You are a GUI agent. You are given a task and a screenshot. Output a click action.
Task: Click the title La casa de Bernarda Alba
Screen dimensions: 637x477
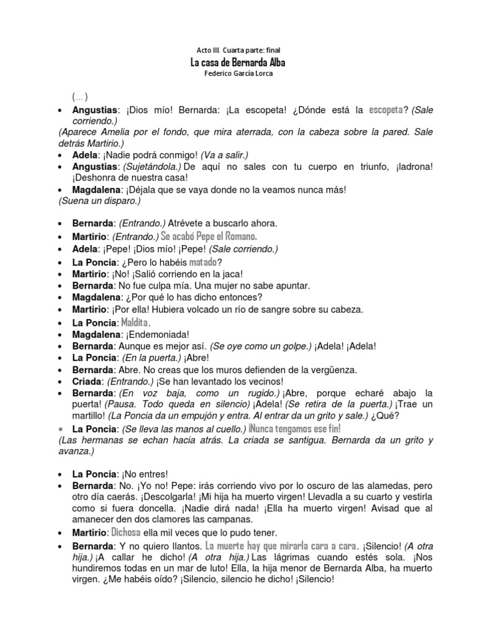click(x=238, y=63)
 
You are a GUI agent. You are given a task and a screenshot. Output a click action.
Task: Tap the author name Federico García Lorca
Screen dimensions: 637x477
click(x=238, y=74)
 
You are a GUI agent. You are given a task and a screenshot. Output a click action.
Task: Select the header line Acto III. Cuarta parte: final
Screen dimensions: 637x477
click(x=238, y=50)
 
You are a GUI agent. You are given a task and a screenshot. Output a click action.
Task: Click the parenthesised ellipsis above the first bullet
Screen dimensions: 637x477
click(x=79, y=97)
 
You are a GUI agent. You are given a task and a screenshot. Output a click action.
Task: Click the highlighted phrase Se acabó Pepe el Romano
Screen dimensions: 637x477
click(x=209, y=236)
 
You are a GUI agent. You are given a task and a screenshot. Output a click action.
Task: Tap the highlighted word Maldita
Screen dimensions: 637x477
click(x=135, y=322)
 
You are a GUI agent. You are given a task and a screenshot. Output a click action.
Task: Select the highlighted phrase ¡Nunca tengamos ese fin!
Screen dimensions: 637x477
click(x=294, y=429)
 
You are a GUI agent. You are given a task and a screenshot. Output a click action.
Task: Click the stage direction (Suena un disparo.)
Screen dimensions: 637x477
click(x=99, y=202)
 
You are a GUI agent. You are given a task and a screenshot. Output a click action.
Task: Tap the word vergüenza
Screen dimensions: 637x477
click(x=327, y=370)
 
